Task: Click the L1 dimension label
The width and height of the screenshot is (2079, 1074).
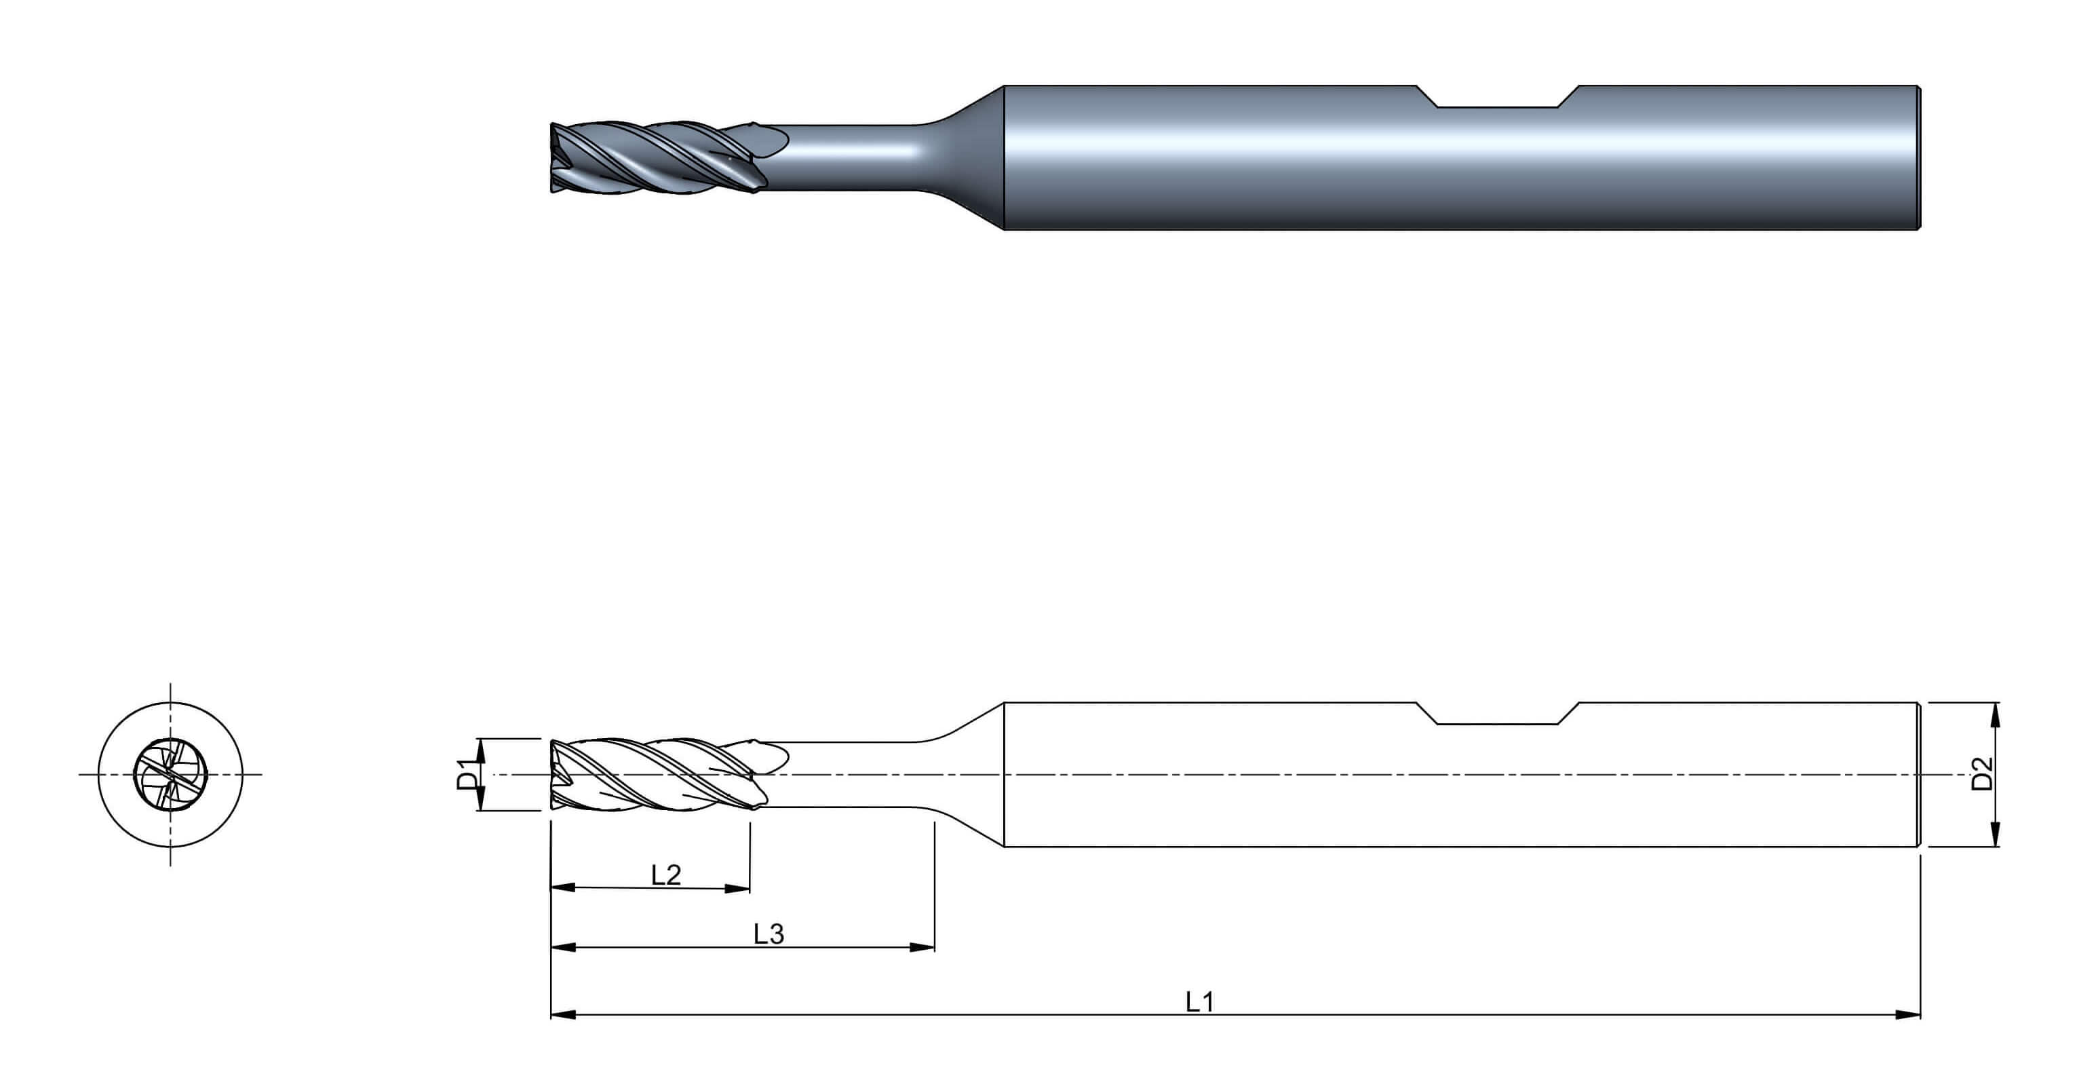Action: (1199, 1001)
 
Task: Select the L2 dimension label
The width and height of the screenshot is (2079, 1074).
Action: (666, 875)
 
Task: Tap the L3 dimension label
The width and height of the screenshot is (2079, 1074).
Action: (769, 934)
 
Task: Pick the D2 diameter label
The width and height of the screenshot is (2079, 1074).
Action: (1982, 773)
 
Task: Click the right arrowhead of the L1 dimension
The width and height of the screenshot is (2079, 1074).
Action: (1908, 1014)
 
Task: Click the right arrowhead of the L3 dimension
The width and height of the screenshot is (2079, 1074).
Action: (922, 947)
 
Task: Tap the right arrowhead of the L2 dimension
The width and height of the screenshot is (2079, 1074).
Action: (738, 888)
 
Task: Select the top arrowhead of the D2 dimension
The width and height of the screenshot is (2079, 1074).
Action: (1996, 716)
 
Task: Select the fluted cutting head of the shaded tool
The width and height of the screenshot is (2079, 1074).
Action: (658, 157)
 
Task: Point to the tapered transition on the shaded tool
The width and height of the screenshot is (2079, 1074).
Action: (965, 157)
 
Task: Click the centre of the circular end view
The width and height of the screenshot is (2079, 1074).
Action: (170, 774)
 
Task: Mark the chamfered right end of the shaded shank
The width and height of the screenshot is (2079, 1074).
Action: (1918, 157)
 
